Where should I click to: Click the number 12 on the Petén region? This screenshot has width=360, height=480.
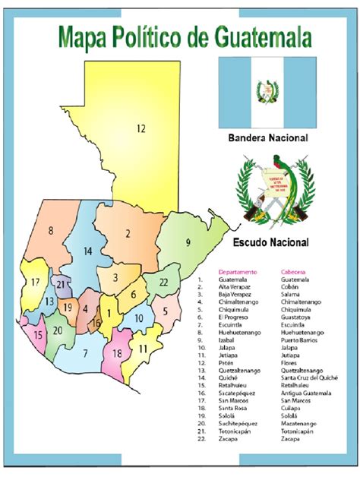coord(141,128)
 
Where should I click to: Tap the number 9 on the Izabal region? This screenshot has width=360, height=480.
coord(188,242)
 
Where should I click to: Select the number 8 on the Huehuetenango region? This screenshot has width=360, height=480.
coord(51,230)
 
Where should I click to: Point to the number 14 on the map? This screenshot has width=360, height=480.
coord(88,251)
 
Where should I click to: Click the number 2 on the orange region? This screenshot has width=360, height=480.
coord(129,233)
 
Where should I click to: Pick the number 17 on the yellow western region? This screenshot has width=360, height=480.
coord(35,283)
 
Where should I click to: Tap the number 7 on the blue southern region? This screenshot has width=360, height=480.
coord(86,352)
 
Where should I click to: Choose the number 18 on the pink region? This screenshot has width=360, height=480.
coord(117,354)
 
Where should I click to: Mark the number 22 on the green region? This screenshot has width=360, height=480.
coord(163,282)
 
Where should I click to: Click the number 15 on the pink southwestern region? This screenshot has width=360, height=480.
coord(37,334)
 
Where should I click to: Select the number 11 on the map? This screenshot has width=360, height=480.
coord(143,349)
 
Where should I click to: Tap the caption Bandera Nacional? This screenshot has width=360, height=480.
coord(267,139)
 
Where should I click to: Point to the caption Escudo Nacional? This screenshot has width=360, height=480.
coord(268,243)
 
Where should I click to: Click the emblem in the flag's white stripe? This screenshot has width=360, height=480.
coord(267,92)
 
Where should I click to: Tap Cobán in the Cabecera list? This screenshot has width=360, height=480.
coord(290,286)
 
